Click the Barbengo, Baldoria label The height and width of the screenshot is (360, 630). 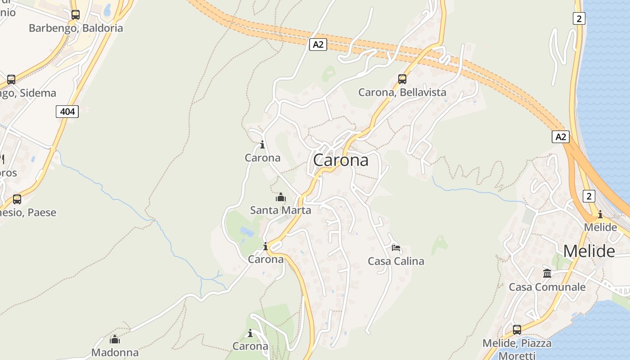point(76,28)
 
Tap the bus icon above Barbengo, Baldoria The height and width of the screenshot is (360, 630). point(75,14)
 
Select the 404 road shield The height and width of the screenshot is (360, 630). point(67,111)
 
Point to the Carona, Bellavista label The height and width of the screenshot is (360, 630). point(402,92)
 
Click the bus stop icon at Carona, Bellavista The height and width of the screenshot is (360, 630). point(402,79)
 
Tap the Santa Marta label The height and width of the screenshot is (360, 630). point(280,210)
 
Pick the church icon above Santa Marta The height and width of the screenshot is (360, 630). point(280,197)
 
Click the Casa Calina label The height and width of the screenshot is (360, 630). point(396,261)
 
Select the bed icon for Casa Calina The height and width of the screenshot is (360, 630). point(396,247)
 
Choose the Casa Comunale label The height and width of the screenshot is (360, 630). point(547,287)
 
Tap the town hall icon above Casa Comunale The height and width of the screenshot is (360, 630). point(547,273)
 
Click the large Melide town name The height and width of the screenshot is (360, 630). point(589,251)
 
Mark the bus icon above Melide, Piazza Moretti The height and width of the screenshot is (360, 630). point(517,330)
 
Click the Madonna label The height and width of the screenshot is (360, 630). point(115,352)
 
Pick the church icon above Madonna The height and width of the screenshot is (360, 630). point(115,339)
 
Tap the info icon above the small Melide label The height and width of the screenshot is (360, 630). point(600,214)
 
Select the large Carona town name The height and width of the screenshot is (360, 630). point(340,160)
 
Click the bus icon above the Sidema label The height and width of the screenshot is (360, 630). point(11,80)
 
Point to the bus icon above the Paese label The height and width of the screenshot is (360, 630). point(17,199)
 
